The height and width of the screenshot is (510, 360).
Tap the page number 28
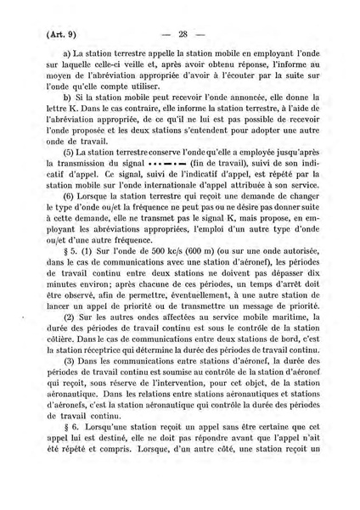[181, 35]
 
